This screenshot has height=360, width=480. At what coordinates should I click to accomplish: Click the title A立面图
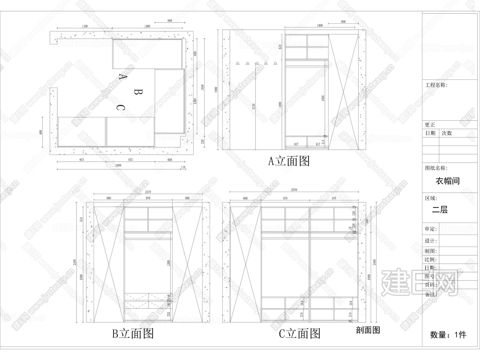[289, 161]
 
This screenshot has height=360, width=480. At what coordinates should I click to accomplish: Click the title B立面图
[133, 333]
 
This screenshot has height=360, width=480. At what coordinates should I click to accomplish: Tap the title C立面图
[300, 333]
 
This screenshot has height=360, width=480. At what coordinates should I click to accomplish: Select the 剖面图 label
[368, 330]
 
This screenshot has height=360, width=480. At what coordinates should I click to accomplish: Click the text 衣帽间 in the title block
[448, 181]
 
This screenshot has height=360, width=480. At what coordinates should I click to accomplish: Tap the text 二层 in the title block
[440, 210]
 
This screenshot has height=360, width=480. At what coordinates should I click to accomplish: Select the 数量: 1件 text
[448, 334]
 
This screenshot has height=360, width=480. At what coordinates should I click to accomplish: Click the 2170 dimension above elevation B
[148, 192]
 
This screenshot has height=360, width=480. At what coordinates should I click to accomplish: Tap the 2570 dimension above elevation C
[294, 190]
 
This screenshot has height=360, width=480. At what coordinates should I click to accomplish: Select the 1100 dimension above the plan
[85, 26]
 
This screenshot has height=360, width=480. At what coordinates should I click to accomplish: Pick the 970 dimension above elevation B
[148, 198]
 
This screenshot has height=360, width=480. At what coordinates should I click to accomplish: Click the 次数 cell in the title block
[447, 133]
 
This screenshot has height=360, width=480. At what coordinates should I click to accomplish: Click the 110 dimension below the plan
[183, 167]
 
